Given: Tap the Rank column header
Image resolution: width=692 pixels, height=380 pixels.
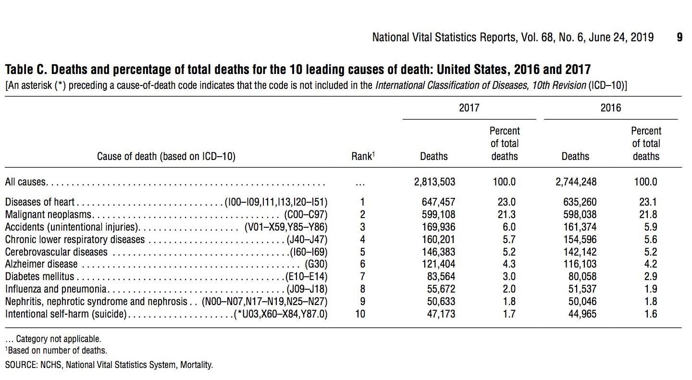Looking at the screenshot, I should coord(363,156).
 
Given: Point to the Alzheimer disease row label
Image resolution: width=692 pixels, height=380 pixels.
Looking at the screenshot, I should coord(41,264).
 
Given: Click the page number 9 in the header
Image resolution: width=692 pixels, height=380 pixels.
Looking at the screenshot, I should coord(680,37).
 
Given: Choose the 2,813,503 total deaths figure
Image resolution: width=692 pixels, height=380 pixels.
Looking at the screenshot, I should coord(434,182).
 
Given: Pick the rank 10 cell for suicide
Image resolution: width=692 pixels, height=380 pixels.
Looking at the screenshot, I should coord(360,314).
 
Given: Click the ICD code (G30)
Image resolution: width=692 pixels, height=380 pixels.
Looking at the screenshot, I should coord(316,264).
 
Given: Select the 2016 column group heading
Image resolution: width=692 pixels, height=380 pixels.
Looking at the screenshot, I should coord(610,108).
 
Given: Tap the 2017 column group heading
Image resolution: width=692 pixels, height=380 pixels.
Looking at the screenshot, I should coord(469,108).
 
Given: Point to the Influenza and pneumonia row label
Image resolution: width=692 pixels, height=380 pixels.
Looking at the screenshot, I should coord(56,289).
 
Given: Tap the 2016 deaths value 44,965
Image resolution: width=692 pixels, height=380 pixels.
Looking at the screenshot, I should coord(583,314).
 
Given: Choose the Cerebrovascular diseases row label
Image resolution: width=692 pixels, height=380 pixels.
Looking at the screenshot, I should coord(56,252).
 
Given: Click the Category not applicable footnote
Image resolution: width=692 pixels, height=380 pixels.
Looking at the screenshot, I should coord(54,339).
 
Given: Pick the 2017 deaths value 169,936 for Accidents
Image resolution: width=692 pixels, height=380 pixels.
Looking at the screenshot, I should coord(438,227).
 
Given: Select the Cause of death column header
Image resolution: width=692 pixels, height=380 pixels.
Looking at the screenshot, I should coord(166,156).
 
